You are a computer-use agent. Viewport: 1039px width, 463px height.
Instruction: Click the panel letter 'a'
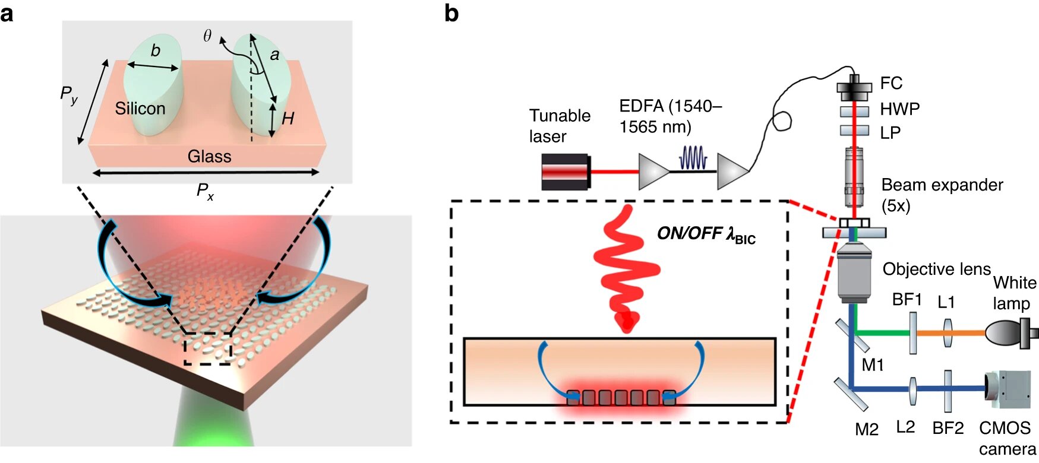[7, 13]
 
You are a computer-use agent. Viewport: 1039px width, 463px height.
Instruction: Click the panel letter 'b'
[451, 13]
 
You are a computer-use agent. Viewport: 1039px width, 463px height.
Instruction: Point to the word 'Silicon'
[140, 109]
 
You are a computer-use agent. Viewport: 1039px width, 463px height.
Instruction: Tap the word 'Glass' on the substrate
[209, 157]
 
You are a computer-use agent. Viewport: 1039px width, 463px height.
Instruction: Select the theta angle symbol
[207, 36]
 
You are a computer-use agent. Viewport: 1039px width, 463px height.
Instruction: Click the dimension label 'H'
[288, 119]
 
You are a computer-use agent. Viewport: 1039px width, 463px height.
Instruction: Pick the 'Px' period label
[205, 191]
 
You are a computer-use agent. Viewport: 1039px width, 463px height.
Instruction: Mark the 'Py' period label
[69, 94]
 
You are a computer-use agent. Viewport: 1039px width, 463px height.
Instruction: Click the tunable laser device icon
[565, 172]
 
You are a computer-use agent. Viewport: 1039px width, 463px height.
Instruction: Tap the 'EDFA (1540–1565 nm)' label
[669, 116]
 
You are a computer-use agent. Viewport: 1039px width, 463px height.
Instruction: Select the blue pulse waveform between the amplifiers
[693, 158]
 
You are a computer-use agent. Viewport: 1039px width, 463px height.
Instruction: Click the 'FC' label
[891, 83]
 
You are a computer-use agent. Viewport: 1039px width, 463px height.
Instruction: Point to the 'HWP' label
[899, 109]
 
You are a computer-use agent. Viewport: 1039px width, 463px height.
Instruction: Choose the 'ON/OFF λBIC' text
[706, 234]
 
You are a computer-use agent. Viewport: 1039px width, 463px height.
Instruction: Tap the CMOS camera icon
[1008, 389]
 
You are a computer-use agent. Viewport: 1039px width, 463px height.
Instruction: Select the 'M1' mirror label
[873, 365]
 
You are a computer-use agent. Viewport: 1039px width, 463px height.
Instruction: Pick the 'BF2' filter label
[948, 428]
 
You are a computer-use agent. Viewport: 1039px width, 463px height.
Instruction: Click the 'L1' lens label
[946, 302]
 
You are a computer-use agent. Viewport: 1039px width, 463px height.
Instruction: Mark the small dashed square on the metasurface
[207, 348]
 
